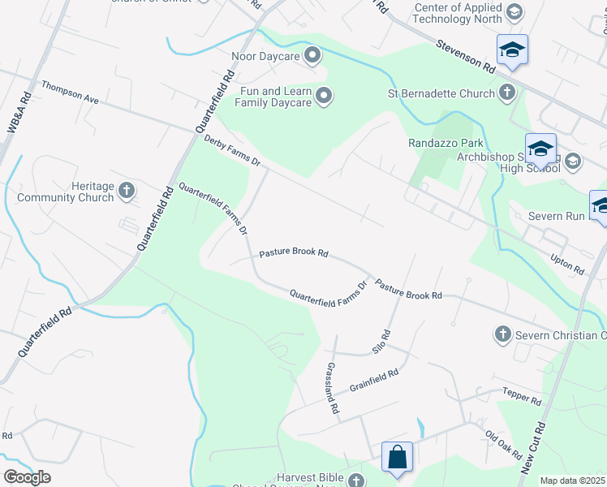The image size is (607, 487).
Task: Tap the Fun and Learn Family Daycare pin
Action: point(324,97)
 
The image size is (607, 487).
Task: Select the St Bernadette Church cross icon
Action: point(507,93)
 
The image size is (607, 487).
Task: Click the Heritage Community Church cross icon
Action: point(126,191)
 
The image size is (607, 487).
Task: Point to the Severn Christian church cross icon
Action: point(502,334)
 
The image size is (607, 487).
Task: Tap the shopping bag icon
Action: point(398,456)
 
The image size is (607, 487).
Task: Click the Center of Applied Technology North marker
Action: point(513,12)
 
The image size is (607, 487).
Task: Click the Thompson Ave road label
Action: point(70,92)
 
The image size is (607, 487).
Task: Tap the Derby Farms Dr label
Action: point(232,152)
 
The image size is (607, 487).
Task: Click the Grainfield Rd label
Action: point(374,379)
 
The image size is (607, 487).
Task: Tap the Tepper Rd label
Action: point(521,395)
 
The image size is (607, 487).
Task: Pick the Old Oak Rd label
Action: point(503,445)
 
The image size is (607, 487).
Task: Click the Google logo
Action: point(27,477)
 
